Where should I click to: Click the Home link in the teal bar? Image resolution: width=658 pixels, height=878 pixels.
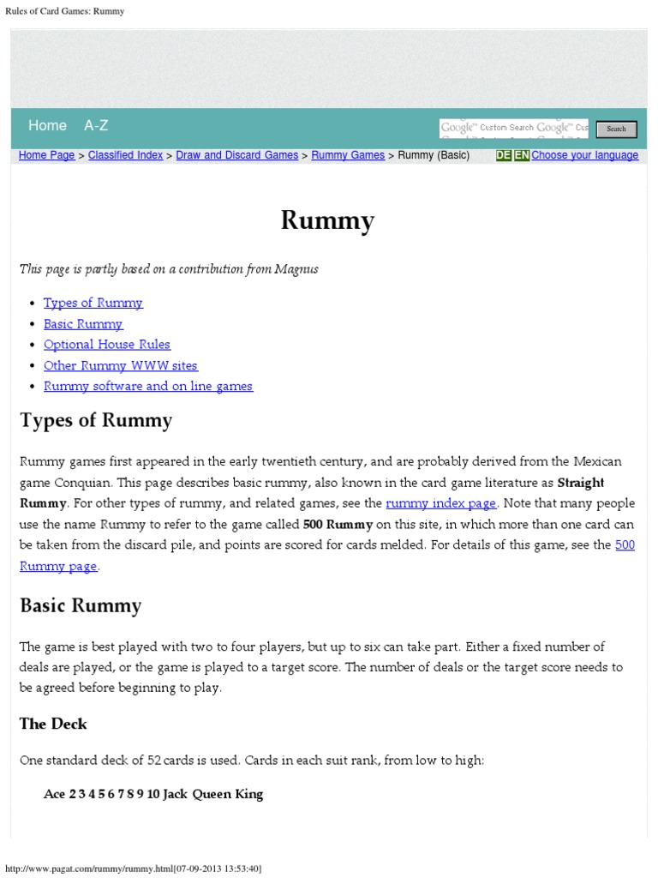[x=47, y=125]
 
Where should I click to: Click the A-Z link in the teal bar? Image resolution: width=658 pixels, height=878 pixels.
[x=96, y=125]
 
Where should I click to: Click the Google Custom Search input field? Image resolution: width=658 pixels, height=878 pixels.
[x=513, y=129]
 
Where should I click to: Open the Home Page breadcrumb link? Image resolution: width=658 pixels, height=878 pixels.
[x=46, y=155]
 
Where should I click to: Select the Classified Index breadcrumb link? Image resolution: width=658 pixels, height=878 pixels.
[x=125, y=155]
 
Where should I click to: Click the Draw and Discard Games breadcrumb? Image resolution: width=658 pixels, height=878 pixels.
[x=236, y=155]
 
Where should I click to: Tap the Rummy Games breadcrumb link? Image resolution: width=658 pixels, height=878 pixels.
[x=348, y=155]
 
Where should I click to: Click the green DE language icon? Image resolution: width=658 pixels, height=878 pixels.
[x=504, y=155]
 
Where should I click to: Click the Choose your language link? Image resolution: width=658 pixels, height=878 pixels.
[x=584, y=155]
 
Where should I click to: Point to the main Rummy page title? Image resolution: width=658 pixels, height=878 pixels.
[x=328, y=221]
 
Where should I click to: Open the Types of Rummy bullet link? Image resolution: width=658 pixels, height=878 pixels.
[x=93, y=303]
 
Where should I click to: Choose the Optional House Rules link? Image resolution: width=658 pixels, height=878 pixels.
[x=107, y=344]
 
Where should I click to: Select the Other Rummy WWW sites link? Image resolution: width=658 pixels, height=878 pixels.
[x=120, y=365]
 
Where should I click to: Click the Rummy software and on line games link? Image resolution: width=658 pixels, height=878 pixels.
[x=148, y=386]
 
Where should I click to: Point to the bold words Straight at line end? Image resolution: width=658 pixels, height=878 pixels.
[x=581, y=483]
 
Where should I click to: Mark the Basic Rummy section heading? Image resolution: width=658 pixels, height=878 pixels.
[x=81, y=605]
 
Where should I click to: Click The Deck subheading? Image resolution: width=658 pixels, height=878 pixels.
[x=53, y=724]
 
